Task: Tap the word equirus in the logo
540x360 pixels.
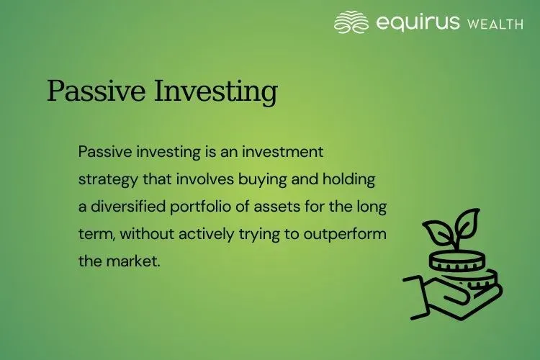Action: (x=418, y=22)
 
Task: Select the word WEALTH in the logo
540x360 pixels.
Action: (x=497, y=24)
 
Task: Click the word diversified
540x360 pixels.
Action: (x=127, y=207)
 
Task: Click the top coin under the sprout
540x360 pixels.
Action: (x=455, y=258)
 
